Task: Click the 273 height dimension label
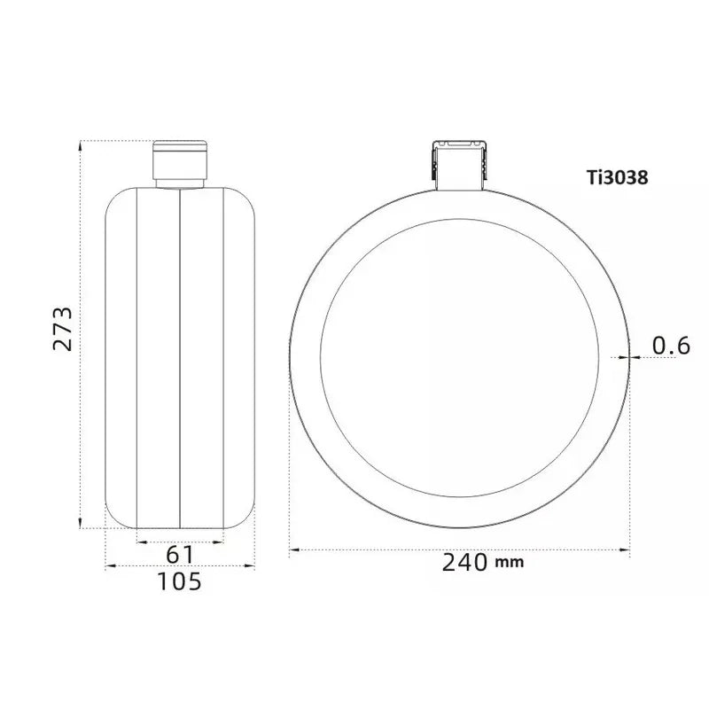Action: [x=62, y=329]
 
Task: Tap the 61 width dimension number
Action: [x=180, y=555]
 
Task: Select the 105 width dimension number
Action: [x=180, y=581]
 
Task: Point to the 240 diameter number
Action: [x=464, y=563]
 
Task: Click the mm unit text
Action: [x=510, y=563]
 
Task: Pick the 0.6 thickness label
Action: [x=672, y=346]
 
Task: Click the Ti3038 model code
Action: [x=618, y=178]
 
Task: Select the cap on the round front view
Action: [x=459, y=165]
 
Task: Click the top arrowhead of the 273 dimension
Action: [x=81, y=145]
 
